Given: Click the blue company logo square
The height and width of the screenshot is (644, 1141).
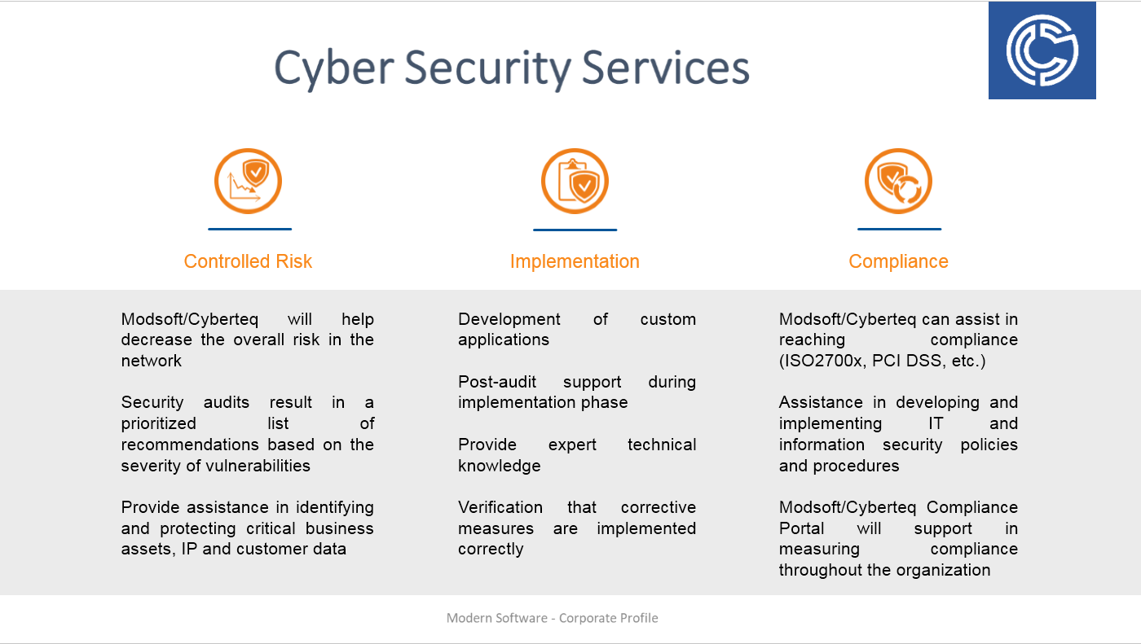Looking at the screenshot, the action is click(1042, 50).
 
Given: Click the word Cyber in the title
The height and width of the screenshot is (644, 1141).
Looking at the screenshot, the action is click(334, 68).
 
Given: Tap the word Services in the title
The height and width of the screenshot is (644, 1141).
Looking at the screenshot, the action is click(665, 68).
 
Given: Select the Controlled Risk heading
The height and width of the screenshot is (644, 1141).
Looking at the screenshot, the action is click(248, 261).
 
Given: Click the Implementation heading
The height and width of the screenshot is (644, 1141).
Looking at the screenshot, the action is click(575, 261).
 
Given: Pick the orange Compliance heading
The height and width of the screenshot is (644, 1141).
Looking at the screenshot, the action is click(898, 261).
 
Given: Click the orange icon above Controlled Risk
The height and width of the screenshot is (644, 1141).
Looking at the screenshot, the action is click(248, 181).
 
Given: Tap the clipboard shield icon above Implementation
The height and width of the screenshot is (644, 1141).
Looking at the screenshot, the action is click(575, 181).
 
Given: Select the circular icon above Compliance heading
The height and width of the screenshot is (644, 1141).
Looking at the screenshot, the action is click(898, 181).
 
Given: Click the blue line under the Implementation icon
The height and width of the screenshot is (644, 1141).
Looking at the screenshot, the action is click(575, 230).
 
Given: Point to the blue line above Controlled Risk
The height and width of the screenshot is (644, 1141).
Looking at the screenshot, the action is click(249, 230).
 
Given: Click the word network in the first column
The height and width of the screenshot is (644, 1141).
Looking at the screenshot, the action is click(152, 361).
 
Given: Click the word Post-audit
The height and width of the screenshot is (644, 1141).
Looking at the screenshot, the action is click(497, 382).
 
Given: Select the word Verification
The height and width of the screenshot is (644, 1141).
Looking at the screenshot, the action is click(500, 507).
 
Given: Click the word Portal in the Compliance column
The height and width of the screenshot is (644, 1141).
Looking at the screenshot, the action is click(802, 528).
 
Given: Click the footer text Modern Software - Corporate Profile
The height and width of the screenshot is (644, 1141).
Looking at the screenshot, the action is click(553, 618).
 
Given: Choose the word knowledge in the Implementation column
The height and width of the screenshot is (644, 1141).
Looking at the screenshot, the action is click(499, 466).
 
